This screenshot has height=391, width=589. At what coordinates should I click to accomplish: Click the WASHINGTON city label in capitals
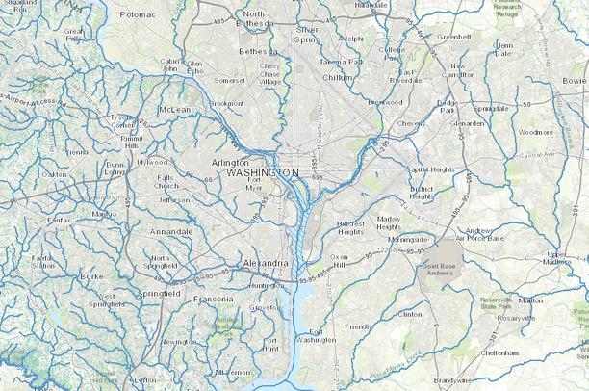click(263, 172)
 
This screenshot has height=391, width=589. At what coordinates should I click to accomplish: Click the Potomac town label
click(138, 15)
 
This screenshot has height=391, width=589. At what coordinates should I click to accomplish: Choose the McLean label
click(175, 110)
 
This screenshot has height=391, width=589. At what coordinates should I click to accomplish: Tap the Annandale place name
click(172, 231)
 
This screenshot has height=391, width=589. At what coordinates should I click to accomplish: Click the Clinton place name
click(410, 314)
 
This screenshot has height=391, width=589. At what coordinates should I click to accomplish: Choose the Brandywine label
click(451, 380)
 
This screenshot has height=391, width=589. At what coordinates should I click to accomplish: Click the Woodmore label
click(536, 131)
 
